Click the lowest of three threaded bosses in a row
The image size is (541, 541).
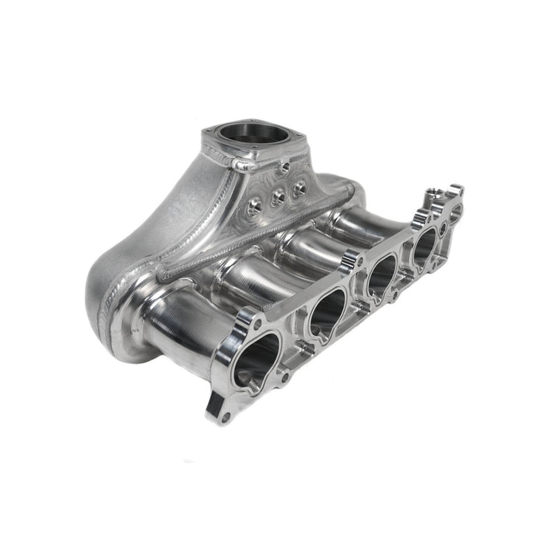pos(256,206)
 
